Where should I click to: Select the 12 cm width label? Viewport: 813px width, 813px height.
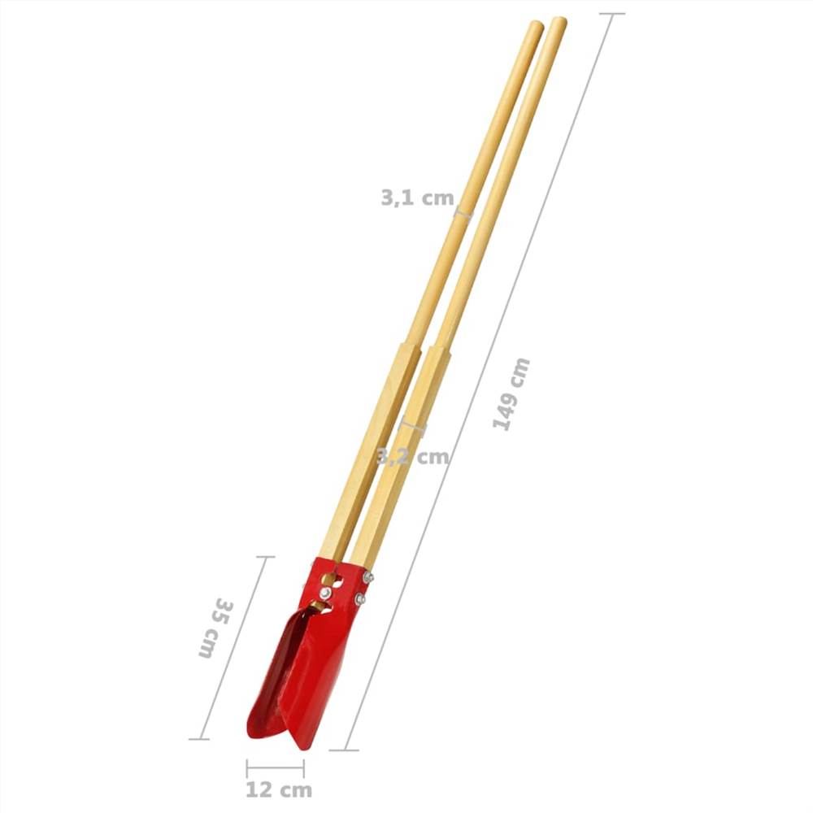(x=278, y=789)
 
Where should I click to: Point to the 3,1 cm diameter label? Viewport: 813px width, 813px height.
(x=416, y=197)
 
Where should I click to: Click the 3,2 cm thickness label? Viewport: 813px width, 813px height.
(x=413, y=456)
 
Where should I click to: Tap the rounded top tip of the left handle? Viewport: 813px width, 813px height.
(x=536, y=25)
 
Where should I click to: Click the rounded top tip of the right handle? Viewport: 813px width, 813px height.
(x=559, y=22)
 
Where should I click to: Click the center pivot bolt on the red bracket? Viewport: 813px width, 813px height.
(x=325, y=594)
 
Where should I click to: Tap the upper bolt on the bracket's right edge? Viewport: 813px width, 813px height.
(x=367, y=577)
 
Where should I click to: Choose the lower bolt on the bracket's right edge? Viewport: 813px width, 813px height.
(x=359, y=600)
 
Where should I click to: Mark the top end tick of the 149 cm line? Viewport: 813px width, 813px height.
(x=611, y=14)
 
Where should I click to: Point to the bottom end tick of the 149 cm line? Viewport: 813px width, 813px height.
(x=345, y=750)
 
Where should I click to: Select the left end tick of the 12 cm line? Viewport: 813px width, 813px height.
(x=247, y=767)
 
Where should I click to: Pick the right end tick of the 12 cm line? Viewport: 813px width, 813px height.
(x=303, y=767)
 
